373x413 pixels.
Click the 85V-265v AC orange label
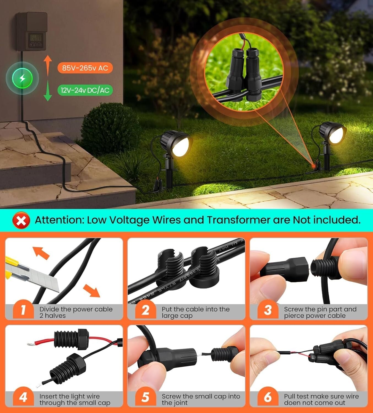pos(85,68)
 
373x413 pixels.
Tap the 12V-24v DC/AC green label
pos(85,90)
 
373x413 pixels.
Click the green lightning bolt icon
pos(22,78)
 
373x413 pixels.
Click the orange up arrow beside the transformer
pos(48,65)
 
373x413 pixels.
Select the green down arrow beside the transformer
pos(48,91)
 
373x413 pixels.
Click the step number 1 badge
pos(23,310)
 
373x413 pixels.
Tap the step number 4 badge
pos(23,397)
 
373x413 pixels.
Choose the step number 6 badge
pos(268,397)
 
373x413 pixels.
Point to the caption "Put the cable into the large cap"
pos(195,313)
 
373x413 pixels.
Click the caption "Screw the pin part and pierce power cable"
pos(320,313)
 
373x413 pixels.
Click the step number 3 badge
pos(268,310)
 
